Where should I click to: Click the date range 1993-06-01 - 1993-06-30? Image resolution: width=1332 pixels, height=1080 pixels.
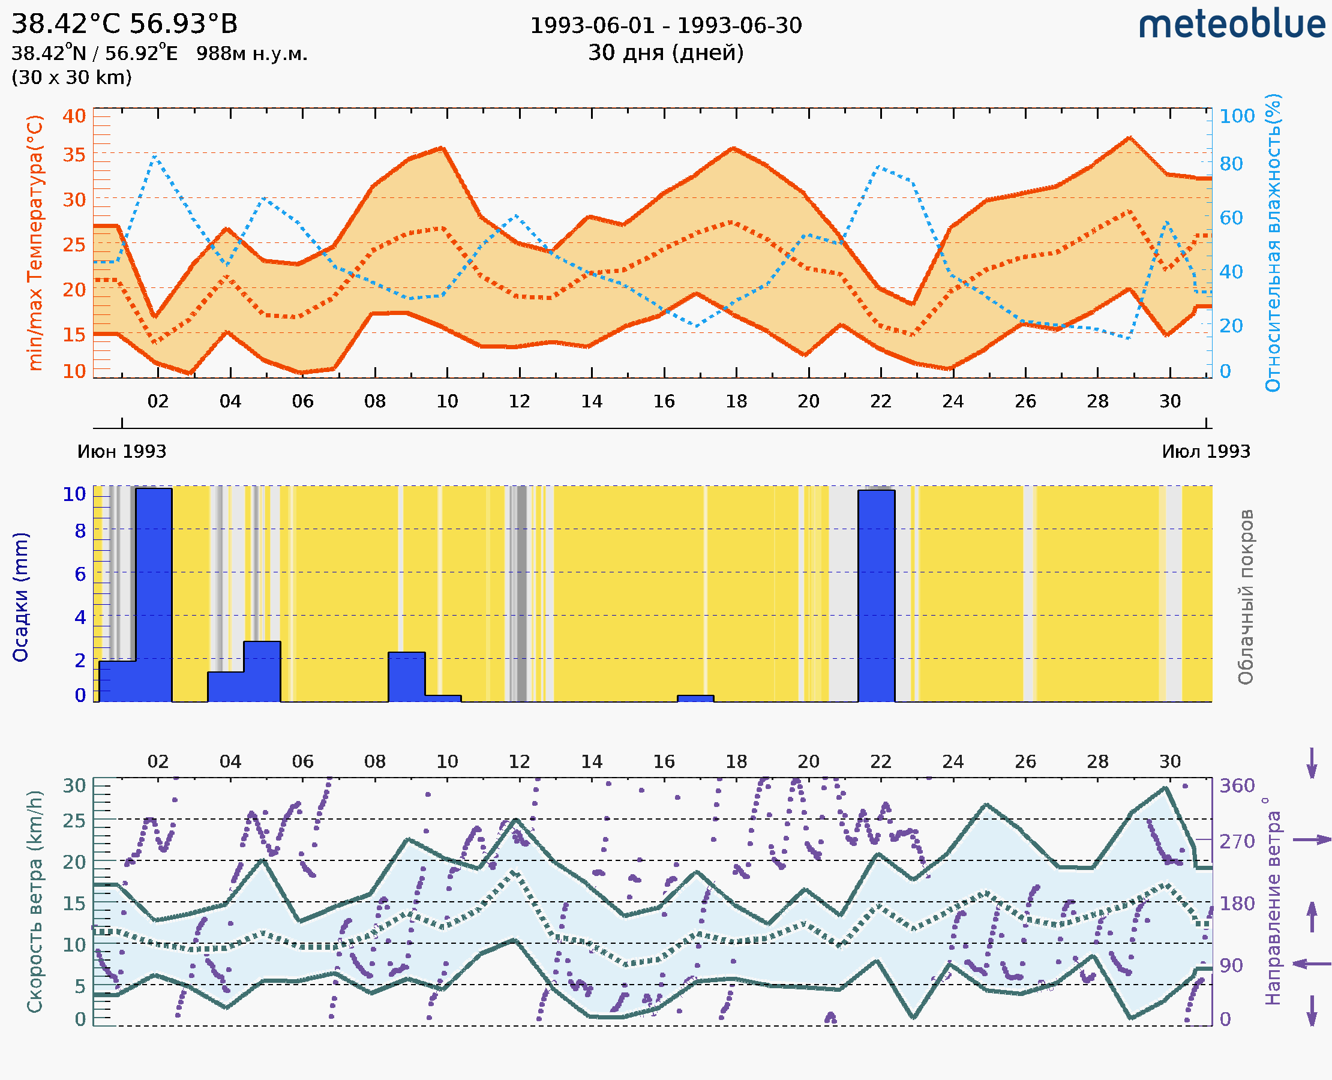pos(665,26)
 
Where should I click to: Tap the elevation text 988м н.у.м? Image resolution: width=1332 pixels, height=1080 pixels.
pos(252,54)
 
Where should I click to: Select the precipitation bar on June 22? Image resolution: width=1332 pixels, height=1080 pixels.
pos(876,595)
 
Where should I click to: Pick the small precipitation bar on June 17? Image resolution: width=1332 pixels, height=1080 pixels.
pos(695,698)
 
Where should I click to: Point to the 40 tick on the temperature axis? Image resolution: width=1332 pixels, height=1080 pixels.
pos(74,116)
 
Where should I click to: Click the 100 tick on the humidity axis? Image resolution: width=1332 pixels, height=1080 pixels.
pos(1237,116)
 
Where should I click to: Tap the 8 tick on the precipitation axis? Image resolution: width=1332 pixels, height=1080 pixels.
pos(80,530)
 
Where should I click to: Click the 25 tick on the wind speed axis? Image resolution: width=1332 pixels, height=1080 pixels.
pos(74,821)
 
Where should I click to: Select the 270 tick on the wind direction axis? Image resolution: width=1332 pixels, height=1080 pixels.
pos(1237,841)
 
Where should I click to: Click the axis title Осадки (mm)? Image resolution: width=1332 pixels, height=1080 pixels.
pos(20,596)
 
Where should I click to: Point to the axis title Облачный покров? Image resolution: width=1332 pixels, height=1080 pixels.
pos(1245,596)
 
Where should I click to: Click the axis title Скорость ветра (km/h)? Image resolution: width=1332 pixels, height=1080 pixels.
pos(35,901)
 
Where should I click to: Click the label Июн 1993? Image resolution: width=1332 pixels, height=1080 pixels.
pos(122,451)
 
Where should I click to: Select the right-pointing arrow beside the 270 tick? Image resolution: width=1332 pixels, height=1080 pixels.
pos(1312,840)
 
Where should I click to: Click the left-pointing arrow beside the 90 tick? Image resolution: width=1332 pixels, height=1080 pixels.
pos(1312,964)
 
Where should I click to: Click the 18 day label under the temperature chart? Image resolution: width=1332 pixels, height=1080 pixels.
pos(736,401)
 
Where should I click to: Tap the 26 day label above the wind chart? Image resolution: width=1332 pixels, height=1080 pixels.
pos(1025,761)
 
